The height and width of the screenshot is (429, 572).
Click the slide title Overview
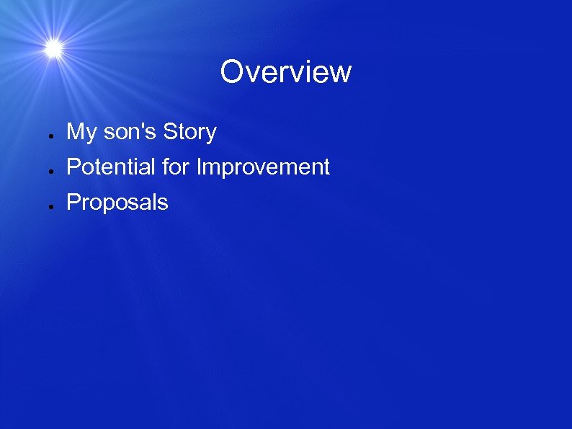pos(286,72)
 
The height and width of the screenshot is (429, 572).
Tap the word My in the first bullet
pos(81,133)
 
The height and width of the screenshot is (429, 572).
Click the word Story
pos(189,133)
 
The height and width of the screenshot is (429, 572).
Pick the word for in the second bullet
pos(176,167)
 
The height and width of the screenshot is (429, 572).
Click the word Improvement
pos(263,167)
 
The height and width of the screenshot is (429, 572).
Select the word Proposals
pos(117,203)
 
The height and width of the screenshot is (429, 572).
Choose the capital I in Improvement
pos(200,167)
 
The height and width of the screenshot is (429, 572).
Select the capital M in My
pos(76,132)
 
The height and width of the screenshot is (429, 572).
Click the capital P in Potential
pos(73,167)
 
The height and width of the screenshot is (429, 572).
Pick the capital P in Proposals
pos(73,203)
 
